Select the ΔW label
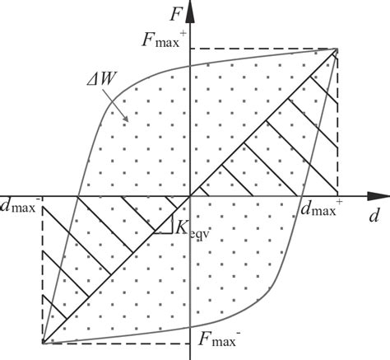tap(107, 81)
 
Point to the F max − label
tap(219, 337)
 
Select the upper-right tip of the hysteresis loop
tap(338, 49)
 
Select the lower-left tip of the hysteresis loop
tap(42, 342)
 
